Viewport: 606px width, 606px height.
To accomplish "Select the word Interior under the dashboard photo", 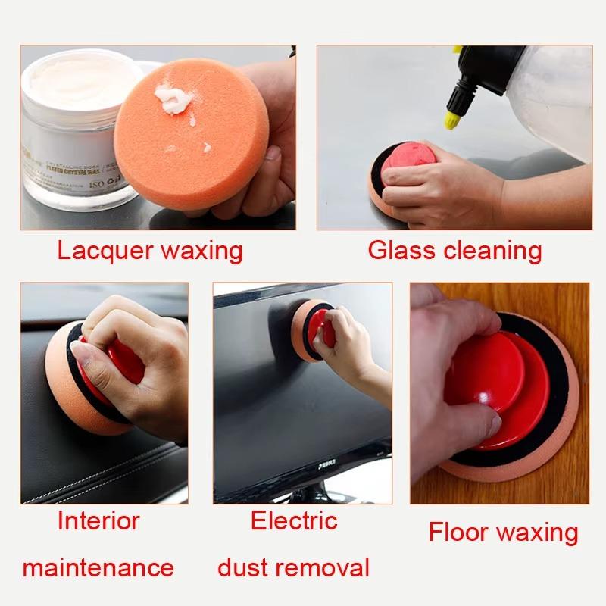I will [98, 521].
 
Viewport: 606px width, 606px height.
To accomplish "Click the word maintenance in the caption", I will [98, 567].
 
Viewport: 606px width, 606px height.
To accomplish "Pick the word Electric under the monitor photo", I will [294, 521].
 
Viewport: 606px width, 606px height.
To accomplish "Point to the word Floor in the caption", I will [460, 532].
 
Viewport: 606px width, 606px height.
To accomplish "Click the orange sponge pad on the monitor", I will [304, 326].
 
